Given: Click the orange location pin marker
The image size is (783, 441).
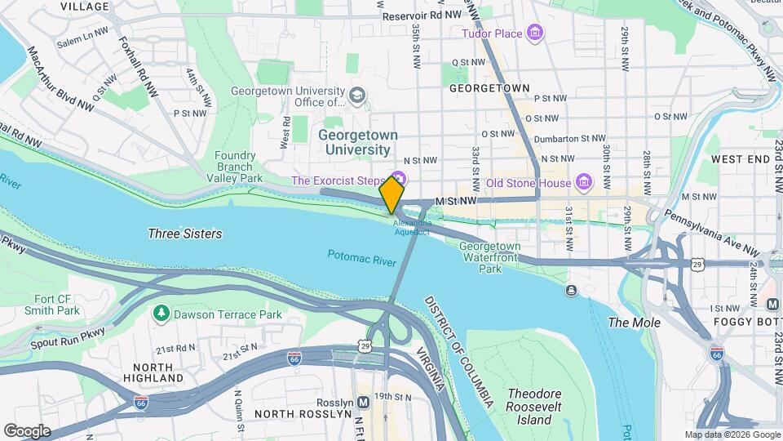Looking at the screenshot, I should coord(391,195).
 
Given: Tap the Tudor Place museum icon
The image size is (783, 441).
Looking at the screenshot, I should coord(535,33).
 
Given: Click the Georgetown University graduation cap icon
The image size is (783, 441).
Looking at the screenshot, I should coord(356,97).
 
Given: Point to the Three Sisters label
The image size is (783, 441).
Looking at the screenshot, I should coord(184,234).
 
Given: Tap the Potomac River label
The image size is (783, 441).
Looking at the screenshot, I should coord(361,256).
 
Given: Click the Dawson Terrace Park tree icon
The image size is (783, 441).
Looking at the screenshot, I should coord(161,314).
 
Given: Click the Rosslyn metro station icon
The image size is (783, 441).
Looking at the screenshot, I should coord(361,402).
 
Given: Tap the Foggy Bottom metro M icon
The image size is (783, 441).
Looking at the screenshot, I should coord(772,304).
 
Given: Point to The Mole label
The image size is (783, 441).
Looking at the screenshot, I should coord(634,323).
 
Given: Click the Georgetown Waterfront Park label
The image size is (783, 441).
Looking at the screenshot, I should coord(489,257).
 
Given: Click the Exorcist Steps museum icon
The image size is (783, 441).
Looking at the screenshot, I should coord(399,178).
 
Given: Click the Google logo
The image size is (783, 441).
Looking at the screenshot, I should coord(27,430).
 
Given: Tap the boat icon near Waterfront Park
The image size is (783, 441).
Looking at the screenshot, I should coord(571,289).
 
